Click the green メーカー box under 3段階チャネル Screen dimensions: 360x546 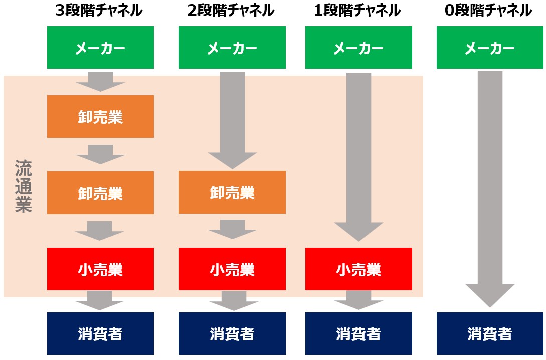100,48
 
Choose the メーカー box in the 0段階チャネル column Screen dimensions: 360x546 490,48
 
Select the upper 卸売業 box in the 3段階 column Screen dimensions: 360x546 100,117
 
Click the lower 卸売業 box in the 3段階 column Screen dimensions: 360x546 100,193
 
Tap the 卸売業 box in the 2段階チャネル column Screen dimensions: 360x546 232,193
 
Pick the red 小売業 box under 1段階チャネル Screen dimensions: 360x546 358,269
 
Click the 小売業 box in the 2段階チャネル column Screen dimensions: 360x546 232,269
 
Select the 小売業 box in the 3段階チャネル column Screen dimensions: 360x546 100,269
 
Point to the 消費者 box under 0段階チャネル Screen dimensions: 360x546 490,333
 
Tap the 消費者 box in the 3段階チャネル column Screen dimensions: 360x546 100,333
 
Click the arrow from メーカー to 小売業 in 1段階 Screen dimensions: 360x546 358,155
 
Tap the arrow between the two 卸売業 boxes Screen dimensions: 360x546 100,154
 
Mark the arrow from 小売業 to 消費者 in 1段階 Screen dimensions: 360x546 358,300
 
